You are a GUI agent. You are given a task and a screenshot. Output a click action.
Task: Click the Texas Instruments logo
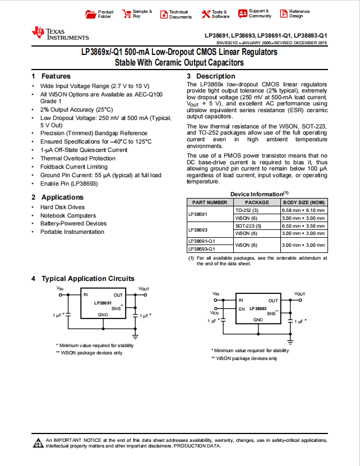(60, 34)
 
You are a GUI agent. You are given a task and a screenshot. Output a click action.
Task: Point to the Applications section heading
(62, 197)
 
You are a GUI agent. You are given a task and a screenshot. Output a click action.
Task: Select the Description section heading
(215, 76)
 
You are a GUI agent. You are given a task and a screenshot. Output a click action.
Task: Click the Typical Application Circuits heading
(88, 279)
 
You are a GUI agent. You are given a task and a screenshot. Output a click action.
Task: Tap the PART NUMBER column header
(210, 202)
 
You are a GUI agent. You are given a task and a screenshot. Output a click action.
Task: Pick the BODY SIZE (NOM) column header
(303, 202)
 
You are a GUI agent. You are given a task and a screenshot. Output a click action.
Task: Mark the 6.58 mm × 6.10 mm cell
(303, 210)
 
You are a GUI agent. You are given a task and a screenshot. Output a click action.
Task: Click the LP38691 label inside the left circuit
(103, 303)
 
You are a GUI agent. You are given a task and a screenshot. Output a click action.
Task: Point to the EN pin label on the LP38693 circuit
(242, 309)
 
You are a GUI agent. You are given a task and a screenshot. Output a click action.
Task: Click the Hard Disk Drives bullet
(62, 207)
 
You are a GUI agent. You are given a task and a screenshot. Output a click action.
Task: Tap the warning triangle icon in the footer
(38, 442)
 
